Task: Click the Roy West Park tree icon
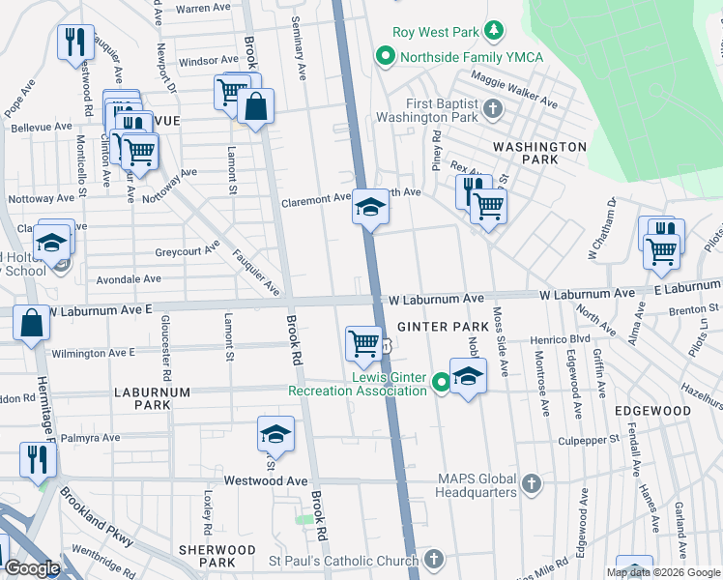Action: (x=494, y=32)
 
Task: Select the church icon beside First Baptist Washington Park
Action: (x=494, y=107)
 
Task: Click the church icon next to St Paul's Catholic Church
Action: (x=434, y=560)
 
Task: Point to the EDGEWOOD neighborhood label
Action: (x=652, y=411)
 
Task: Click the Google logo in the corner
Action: (x=31, y=568)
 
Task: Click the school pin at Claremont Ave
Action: (x=370, y=208)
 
